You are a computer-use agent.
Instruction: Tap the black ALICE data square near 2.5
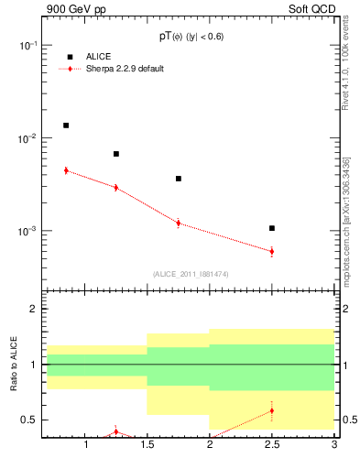click(x=272, y=228)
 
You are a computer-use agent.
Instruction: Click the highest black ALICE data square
click(x=66, y=125)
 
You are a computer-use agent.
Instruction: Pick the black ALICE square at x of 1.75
click(x=179, y=179)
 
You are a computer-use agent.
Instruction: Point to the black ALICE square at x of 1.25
click(x=116, y=154)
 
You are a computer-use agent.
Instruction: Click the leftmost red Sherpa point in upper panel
click(x=66, y=170)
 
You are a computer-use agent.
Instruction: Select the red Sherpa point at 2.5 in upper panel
click(x=272, y=251)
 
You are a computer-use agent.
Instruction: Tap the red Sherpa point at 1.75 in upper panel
click(x=179, y=223)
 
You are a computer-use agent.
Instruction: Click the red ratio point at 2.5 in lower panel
click(x=272, y=410)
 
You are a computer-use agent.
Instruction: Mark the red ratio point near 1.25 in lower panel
click(x=116, y=431)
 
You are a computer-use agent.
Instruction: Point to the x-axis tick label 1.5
click(x=147, y=446)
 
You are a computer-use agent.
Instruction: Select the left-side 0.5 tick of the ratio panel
click(x=31, y=420)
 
